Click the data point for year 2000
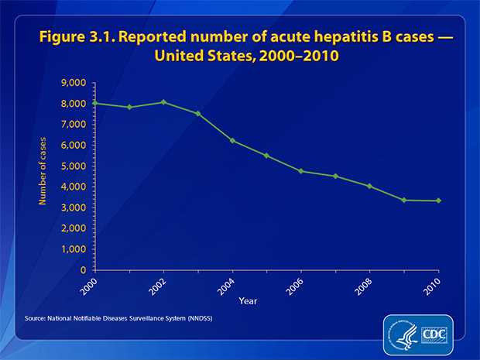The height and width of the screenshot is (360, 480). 94,103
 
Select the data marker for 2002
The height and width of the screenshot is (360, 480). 163,102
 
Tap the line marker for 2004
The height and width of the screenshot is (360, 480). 232,140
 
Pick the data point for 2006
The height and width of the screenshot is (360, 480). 301,171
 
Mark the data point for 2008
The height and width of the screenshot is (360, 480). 370,186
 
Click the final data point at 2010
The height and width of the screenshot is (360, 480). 439,201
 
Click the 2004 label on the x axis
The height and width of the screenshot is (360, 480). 226,285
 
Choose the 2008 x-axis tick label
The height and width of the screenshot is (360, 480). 364,285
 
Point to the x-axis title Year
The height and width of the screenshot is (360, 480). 249,300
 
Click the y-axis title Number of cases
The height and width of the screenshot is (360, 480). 43,177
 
